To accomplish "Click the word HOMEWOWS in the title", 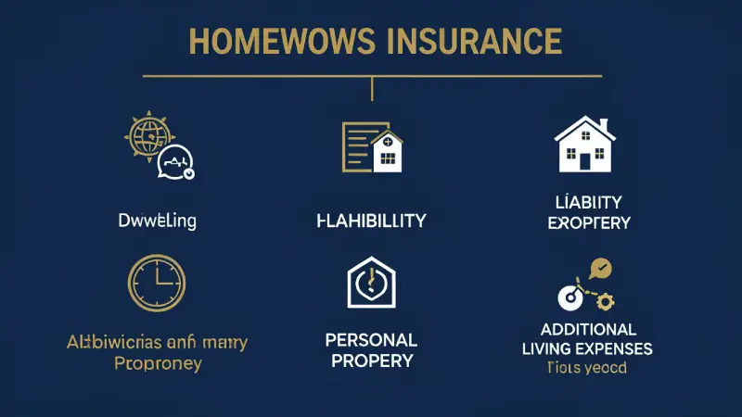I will pyautogui.click(x=270, y=43).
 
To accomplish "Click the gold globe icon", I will pyautogui.click(x=146, y=135).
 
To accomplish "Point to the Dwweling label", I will pyautogui.click(x=157, y=221).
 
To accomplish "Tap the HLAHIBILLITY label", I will pyautogui.click(x=370, y=221).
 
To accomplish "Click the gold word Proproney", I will pyautogui.click(x=157, y=363).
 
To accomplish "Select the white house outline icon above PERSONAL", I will pyautogui.click(x=371, y=283).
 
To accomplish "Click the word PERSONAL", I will pyautogui.click(x=370, y=340).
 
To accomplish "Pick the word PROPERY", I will pyautogui.click(x=371, y=360).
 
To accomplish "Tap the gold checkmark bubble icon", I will pyautogui.click(x=600, y=270).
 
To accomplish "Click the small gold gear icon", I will pyautogui.click(x=606, y=300).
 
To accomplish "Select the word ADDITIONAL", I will pyautogui.click(x=589, y=330).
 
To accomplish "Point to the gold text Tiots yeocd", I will pyautogui.click(x=585, y=368).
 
